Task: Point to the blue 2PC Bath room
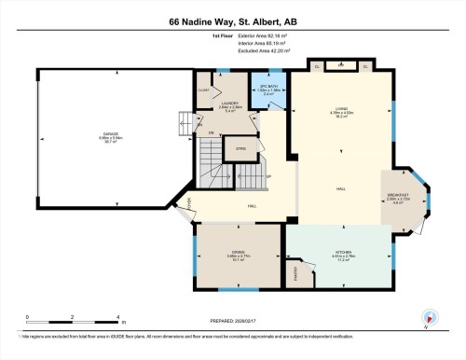tap(267, 90)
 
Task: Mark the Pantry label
tap(297, 274)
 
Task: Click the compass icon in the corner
tap(430, 318)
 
